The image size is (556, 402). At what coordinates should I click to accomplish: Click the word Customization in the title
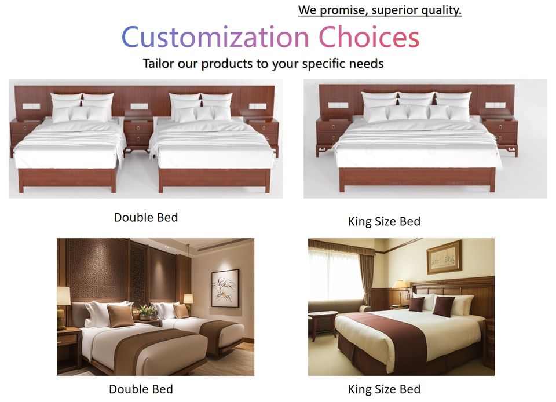(x=215, y=37)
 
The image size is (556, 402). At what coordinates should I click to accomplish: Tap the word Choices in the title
(x=369, y=37)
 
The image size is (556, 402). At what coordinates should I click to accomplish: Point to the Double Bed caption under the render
(x=146, y=217)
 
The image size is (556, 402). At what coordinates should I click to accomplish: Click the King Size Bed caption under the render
(x=384, y=221)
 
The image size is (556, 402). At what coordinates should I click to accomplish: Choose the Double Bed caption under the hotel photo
(x=141, y=389)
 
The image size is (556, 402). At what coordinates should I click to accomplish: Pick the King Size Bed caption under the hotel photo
(x=384, y=389)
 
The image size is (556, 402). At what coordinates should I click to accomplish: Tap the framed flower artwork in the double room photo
(x=225, y=288)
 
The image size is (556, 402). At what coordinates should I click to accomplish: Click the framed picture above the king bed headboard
(x=444, y=257)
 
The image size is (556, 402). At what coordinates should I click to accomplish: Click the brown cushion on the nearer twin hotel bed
(x=120, y=316)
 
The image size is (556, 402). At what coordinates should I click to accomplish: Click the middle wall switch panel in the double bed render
(x=139, y=107)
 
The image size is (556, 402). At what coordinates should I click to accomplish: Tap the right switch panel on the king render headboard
(x=495, y=105)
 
